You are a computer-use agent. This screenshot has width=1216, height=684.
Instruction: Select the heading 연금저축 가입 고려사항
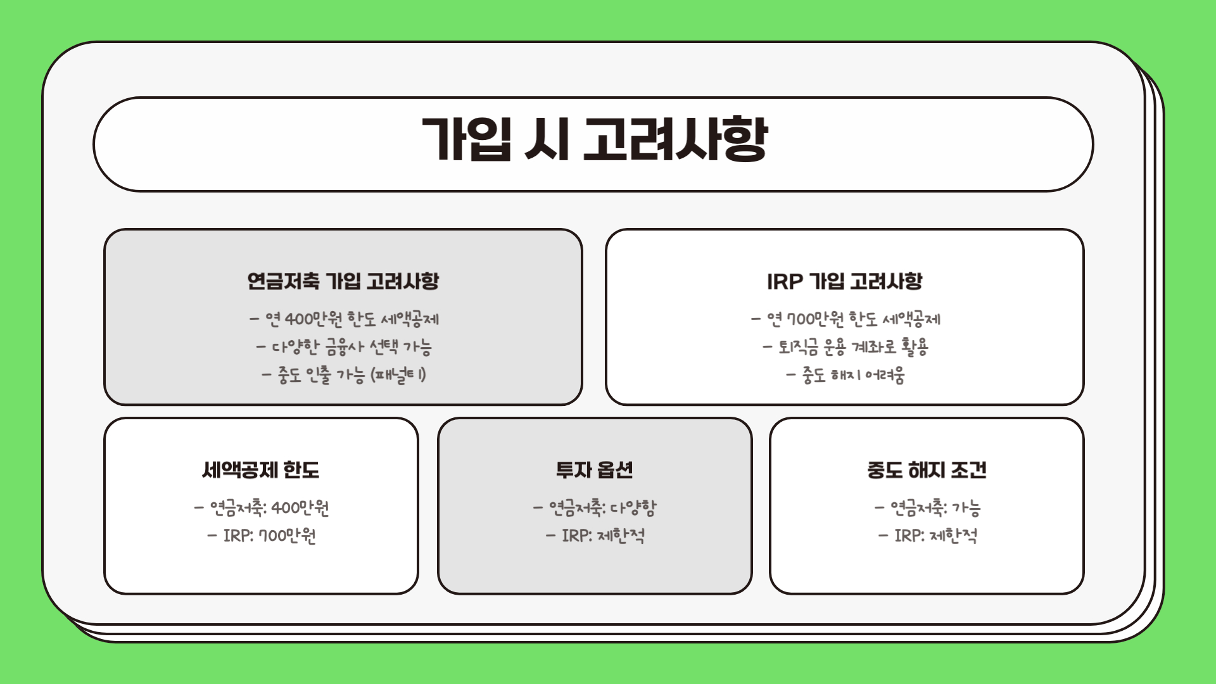(343, 281)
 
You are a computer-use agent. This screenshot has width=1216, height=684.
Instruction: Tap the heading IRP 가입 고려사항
(844, 281)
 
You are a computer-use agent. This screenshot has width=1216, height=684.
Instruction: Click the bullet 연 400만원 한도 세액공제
(345, 319)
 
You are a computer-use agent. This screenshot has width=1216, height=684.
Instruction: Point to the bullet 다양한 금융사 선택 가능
(345, 346)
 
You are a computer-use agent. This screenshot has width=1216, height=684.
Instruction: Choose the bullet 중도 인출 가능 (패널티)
(345, 374)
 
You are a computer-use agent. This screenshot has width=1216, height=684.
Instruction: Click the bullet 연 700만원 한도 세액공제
(846, 319)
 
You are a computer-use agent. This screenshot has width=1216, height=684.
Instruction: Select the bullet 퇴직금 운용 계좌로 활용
(846, 346)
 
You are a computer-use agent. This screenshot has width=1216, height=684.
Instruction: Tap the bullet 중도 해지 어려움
(846, 375)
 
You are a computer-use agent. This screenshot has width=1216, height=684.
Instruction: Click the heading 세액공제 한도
(261, 470)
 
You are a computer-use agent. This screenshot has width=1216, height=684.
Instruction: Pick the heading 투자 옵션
(594, 470)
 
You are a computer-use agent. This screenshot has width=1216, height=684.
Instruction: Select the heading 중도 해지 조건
(927, 470)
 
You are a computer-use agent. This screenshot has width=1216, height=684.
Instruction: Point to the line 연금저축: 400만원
(262, 507)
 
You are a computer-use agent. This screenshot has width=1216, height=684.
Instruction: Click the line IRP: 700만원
(262, 535)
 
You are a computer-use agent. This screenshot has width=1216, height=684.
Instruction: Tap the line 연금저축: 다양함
(595, 507)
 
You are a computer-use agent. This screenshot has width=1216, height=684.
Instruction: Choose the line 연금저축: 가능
(928, 507)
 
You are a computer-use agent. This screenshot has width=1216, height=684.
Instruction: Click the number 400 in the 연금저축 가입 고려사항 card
(299, 319)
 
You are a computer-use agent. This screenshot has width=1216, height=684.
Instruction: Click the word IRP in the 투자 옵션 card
(575, 536)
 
